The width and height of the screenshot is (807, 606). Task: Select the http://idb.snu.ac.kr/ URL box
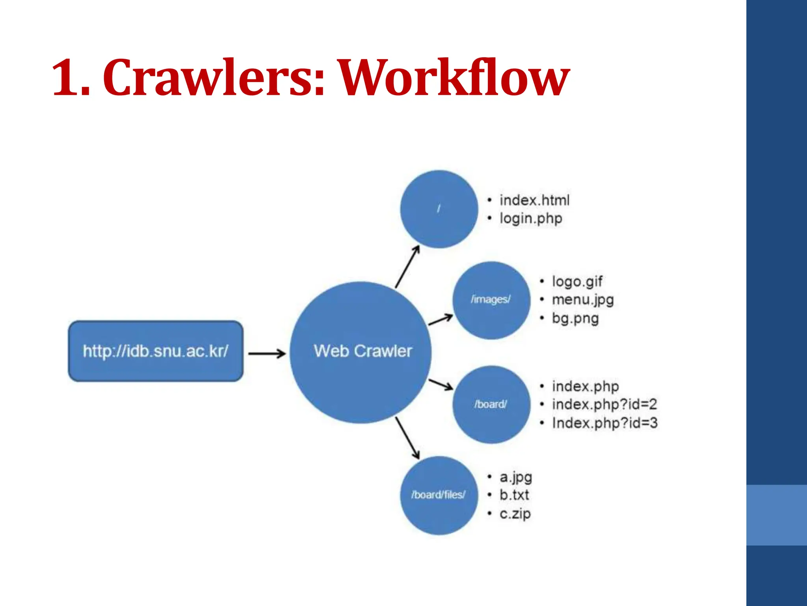pos(156,351)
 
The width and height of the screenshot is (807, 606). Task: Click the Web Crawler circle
pos(361,352)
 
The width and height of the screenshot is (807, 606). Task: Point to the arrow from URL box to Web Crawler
pos(267,353)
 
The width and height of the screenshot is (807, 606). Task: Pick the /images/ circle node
pos(491,300)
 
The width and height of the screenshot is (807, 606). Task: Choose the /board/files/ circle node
pos(439,495)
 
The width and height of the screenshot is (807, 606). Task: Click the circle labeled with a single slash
pos(439,209)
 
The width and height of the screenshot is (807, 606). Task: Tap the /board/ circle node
pos(491,404)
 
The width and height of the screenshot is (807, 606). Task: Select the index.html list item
pos(534,200)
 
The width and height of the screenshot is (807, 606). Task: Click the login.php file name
pos(530,219)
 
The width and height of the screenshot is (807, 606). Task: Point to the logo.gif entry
pos(577,282)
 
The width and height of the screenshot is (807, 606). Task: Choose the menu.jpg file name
pos(583,300)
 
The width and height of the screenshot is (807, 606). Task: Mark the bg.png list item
pos(575,318)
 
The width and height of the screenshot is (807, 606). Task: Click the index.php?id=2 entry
pos(604,404)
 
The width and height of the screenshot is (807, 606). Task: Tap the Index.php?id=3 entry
pos(604,423)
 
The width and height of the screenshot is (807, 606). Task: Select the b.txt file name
pos(514,495)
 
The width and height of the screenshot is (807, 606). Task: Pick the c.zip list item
pos(515,514)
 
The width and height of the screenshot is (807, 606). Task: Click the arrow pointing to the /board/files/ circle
pos(407,438)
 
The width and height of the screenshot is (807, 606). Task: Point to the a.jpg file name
pos(516,477)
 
